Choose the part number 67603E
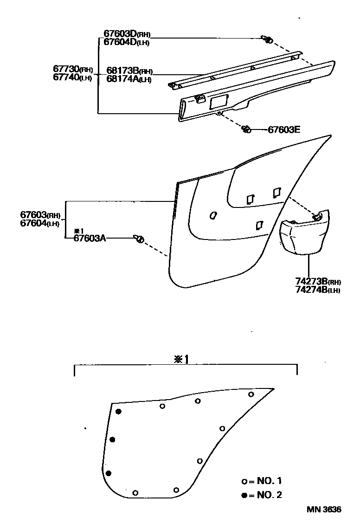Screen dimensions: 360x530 point(284,130)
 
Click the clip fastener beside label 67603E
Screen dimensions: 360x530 point(246,129)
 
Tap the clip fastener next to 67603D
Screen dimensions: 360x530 point(267,39)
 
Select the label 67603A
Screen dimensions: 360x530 point(90,239)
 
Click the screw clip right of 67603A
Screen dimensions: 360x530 point(139,239)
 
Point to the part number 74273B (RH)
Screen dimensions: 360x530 point(318,282)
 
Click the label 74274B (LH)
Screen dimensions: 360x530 point(318,290)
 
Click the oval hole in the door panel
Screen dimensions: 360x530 point(213,215)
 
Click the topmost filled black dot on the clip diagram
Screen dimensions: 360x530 point(119,412)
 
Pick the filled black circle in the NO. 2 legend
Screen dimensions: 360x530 point(244,495)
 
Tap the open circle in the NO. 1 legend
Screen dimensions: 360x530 point(244,482)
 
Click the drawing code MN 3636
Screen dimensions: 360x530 point(323,510)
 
